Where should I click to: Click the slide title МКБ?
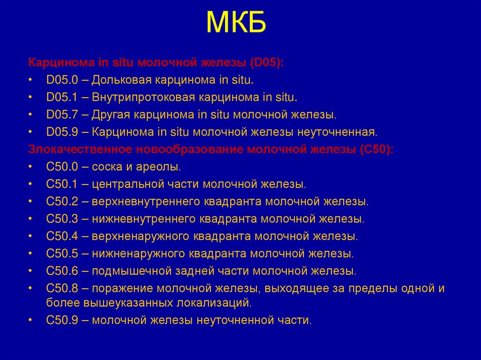click(x=236, y=23)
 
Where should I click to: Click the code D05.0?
click(x=61, y=80)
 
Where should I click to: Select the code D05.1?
click(x=61, y=97)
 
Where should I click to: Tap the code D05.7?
click(x=61, y=115)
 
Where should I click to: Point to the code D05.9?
click(x=61, y=132)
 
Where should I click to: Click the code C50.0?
click(x=61, y=167)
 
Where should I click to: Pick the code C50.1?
click(x=61, y=184)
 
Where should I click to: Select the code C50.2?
click(x=61, y=201)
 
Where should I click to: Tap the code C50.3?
click(x=61, y=219)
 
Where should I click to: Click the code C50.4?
click(x=61, y=236)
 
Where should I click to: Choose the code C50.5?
click(x=61, y=254)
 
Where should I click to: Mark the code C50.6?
click(x=61, y=271)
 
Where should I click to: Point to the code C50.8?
click(x=61, y=289)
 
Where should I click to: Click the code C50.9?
click(x=61, y=321)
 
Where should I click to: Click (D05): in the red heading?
click(x=266, y=62)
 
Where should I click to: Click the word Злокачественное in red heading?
click(x=80, y=149)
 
